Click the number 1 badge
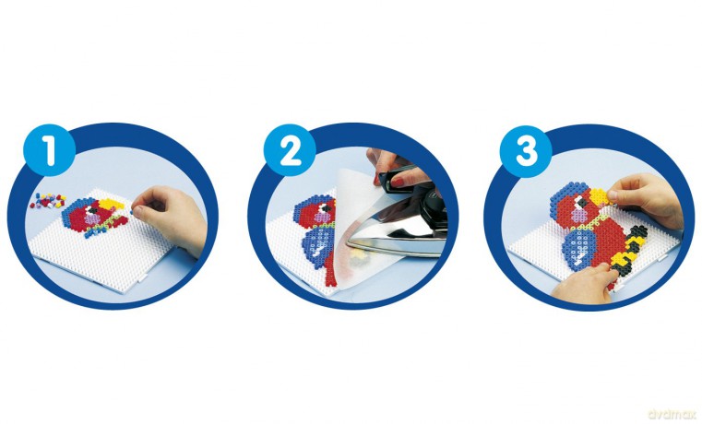(x=49, y=150)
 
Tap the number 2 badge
(x=290, y=150)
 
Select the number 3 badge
(x=526, y=151)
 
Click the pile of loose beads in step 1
(x=47, y=201)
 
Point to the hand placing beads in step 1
(x=173, y=217)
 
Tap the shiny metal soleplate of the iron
(x=399, y=232)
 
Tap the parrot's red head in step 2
(x=315, y=210)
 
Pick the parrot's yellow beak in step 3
(x=599, y=197)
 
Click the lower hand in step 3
(x=582, y=283)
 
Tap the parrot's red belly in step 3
(x=610, y=237)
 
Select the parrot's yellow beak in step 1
(x=111, y=204)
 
